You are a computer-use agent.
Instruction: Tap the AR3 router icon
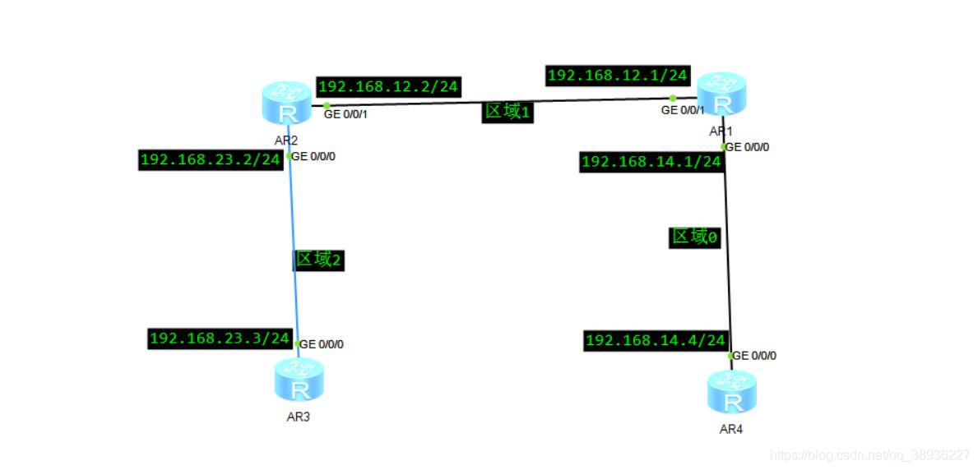(299, 380)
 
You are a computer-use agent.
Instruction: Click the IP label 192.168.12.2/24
(388, 86)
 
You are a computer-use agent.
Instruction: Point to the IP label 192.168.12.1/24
(618, 76)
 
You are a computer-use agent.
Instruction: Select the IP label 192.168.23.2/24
(211, 160)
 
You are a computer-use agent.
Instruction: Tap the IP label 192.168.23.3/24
(220, 339)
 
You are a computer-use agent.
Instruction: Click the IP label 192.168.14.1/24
(651, 163)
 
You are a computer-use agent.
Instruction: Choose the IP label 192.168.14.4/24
(656, 341)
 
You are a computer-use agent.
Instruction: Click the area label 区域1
(508, 113)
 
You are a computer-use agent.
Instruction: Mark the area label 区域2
(318, 260)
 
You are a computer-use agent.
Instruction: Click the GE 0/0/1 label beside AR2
(346, 114)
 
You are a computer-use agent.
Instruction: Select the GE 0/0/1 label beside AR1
(684, 110)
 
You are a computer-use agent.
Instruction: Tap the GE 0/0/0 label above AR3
(322, 344)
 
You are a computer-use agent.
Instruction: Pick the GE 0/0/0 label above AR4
(754, 356)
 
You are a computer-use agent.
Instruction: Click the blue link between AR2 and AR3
(294, 230)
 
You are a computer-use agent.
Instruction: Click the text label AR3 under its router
(298, 417)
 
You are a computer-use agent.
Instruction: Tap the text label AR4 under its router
(730, 429)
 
